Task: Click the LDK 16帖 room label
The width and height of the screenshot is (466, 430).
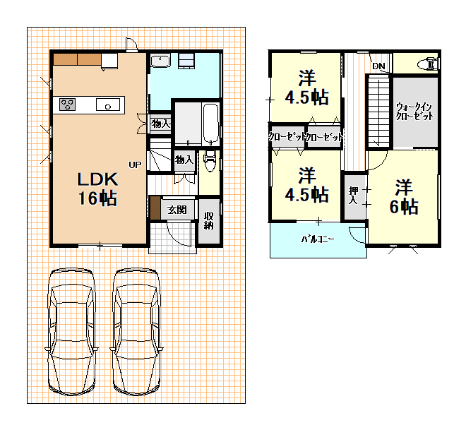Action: (x=97, y=189)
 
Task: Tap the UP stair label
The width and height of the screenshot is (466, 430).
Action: (x=135, y=165)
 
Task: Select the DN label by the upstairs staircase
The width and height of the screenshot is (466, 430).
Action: (x=378, y=66)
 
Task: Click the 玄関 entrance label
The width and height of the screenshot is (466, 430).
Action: (x=177, y=210)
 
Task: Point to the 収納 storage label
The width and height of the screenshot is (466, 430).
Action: (x=208, y=220)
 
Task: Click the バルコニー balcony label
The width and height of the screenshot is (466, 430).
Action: (x=318, y=239)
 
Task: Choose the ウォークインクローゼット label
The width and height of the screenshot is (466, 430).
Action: (x=414, y=112)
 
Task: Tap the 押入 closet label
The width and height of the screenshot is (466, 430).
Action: (x=353, y=195)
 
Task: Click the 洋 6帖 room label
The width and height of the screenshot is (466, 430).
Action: (x=404, y=197)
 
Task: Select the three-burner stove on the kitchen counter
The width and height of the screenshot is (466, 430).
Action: (x=67, y=104)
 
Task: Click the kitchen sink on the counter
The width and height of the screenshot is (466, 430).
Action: (x=108, y=104)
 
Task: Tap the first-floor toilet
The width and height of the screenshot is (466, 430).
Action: (x=210, y=160)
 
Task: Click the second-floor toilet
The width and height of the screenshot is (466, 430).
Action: (x=428, y=64)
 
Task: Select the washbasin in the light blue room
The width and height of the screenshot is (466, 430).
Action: (x=160, y=61)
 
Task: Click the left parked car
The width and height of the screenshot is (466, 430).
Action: (x=71, y=332)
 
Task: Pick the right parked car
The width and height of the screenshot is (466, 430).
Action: (x=136, y=332)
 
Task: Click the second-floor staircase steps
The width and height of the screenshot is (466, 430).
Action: (x=378, y=111)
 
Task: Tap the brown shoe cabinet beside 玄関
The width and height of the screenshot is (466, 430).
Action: (x=155, y=208)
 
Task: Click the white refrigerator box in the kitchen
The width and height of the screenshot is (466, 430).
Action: (x=109, y=60)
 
